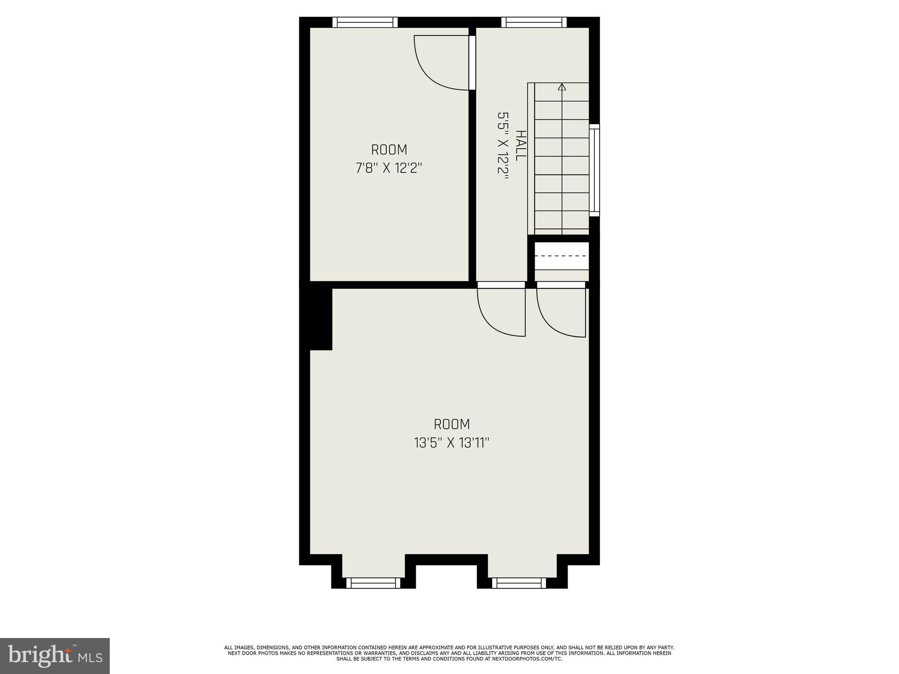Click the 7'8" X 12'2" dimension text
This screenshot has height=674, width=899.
389,168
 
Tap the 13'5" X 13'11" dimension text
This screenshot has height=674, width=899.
452,443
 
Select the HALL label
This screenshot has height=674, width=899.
521,145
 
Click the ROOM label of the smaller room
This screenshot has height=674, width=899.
389,150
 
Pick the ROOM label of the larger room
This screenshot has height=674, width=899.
452,424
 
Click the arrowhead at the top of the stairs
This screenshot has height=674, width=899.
562,87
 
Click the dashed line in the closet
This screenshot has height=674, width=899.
561,255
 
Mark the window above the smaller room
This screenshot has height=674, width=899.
365,22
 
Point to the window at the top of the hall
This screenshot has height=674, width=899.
534,22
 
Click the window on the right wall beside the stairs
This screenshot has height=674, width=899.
594,170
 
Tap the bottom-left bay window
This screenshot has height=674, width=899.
374,583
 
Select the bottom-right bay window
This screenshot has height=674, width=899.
519,583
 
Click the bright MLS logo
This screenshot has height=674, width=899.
55,656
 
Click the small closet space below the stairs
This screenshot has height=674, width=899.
561,262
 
